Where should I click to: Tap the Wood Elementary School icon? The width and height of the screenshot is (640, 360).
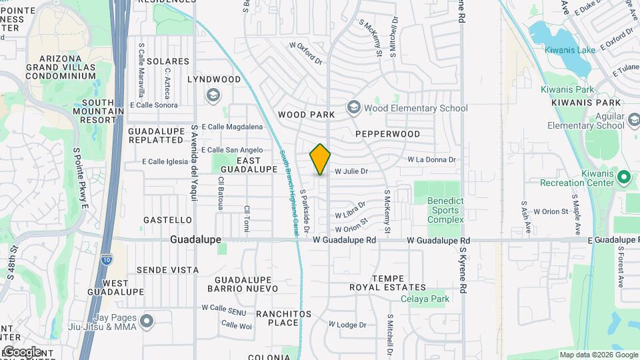click(353, 108)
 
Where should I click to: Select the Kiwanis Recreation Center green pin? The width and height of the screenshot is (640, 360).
click(624, 177)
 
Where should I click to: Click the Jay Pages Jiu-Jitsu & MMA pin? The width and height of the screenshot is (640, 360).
click(147, 321)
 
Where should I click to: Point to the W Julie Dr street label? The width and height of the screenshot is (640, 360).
click(351, 171)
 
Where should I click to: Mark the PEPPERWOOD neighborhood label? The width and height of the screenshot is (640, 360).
click(387, 134)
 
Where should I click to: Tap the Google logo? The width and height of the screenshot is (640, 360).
click(21, 351)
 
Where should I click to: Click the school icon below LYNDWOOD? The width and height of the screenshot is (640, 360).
click(213, 95)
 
